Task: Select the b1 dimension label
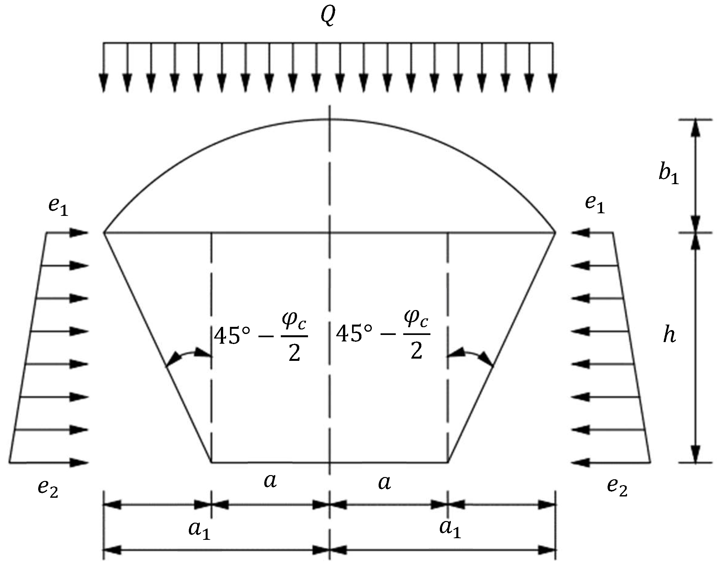668,173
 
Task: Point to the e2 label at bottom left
48,488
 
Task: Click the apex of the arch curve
329,119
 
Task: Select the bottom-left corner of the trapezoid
211,462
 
